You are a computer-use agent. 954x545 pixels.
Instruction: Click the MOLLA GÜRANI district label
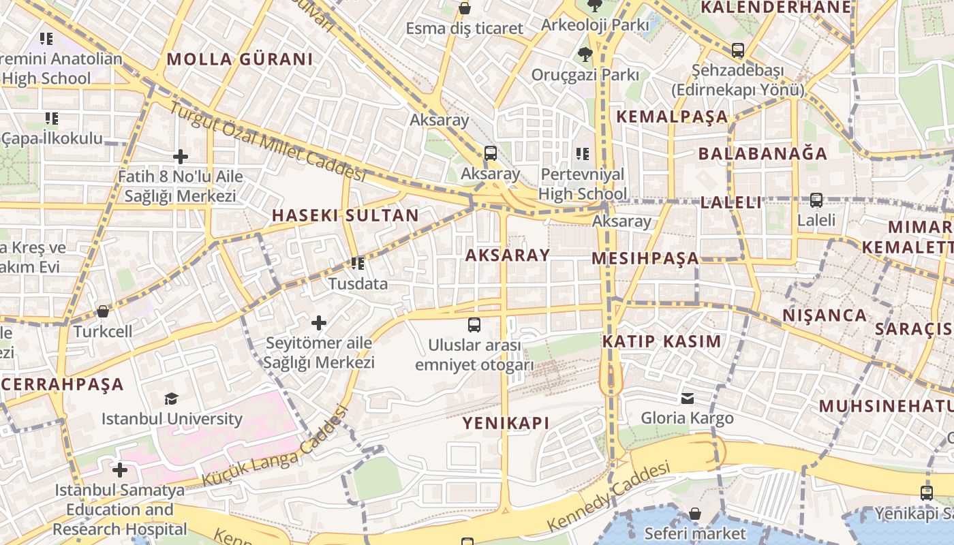click(x=240, y=59)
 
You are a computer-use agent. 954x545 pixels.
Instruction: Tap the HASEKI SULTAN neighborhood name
click(x=345, y=216)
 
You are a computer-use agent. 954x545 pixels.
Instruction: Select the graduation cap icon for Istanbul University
click(x=171, y=399)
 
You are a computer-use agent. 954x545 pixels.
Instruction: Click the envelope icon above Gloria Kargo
click(x=688, y=398)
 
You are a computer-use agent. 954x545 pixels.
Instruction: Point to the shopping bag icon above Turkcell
click(x=103, y=311)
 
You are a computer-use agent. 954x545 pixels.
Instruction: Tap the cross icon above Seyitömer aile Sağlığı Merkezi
click(x=319, y=322)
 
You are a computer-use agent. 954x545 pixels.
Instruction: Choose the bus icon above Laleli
click(x=816, y=200)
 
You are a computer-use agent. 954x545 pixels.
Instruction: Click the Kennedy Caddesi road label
click(x=609, y=498)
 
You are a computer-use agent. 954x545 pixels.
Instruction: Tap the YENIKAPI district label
click(x=506, y=423)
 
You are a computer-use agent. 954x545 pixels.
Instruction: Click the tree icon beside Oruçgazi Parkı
click(x=584, y=54)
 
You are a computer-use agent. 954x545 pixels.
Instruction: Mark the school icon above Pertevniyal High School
click(x=582, y=154)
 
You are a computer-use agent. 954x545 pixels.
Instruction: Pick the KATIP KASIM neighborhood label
click(x=661, y=341)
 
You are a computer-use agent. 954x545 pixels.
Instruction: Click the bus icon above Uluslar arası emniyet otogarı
click(x=474, y=325)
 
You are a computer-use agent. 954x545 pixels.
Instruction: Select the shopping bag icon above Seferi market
click(x=695, y=513)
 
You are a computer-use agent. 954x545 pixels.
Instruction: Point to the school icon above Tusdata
click(x=358, y=263)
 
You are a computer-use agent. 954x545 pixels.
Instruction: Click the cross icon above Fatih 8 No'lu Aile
click(x=180, y=157)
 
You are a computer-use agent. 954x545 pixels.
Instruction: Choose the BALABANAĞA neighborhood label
click(x=763, y=154)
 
